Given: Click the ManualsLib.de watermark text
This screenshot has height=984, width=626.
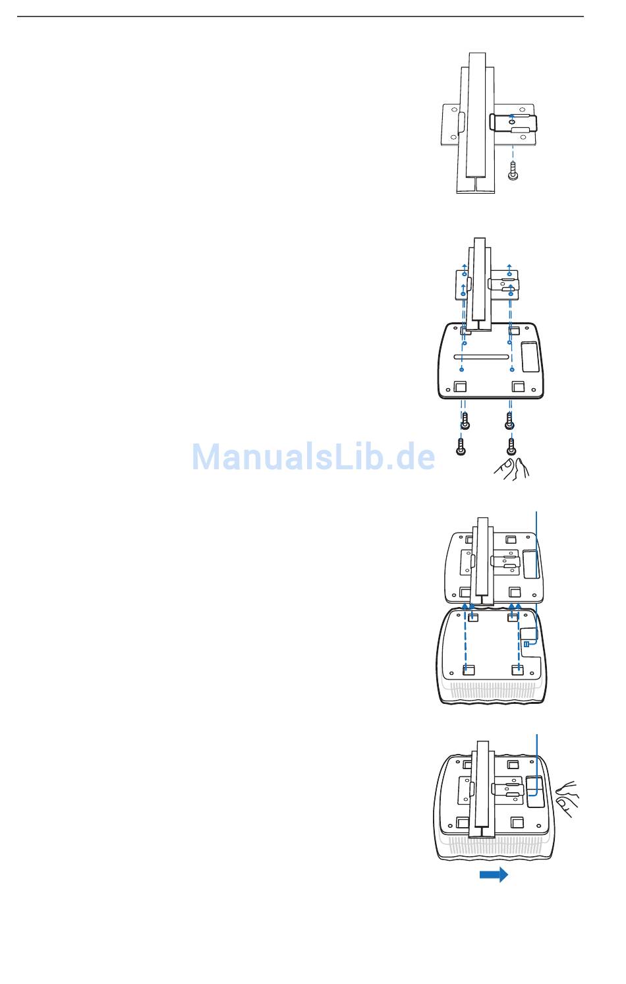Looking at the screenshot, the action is coord(313,456).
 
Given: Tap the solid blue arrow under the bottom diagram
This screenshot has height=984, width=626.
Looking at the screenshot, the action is coord(494,875).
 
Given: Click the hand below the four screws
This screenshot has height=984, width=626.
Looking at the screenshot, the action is coord(512,470).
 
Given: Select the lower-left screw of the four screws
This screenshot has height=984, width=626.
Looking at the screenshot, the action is coord(461,446).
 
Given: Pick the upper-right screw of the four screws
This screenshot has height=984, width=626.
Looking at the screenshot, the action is coord(509,420).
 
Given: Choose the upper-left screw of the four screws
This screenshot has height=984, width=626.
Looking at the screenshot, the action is coord(465,420).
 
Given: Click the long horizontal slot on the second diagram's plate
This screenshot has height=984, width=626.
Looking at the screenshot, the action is coord(481,357).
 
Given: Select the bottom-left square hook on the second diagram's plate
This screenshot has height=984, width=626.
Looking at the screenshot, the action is coord(460,386).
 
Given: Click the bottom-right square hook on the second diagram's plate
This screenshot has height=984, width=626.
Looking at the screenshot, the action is coord(518,386).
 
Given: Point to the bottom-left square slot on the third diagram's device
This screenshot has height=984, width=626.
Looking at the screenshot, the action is coord(469,670).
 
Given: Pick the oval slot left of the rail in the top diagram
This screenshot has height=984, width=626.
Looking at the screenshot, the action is coord(461,123).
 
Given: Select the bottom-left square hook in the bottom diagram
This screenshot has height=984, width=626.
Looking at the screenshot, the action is coord(463,823).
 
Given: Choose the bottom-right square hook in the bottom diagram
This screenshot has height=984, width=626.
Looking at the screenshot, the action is coord(517,823).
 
